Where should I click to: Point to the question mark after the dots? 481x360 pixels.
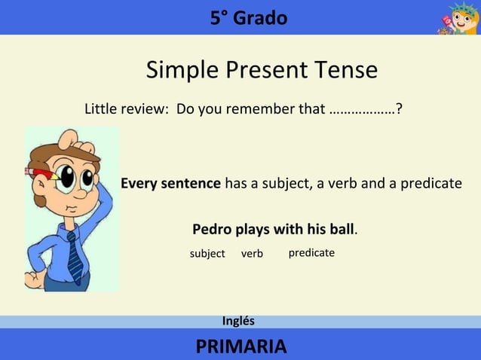[x=398, y=110]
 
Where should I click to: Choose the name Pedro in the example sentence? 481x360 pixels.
[x=213, y=229]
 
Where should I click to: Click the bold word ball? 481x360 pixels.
[x=340, y=229]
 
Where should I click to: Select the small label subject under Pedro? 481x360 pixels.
[x=207, y=254]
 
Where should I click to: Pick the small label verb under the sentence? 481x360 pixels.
[x=252, y=254]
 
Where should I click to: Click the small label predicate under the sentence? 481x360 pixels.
[x=311, y=253]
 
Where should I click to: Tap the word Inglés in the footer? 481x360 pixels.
[x=238, y=321]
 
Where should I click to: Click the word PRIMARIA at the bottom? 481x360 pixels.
[x=240, y=346]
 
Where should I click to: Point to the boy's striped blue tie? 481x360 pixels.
[x=75, y=256]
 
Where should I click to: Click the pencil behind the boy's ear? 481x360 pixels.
[x=41, y=172]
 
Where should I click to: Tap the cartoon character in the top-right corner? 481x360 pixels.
[x=457, y=18]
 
